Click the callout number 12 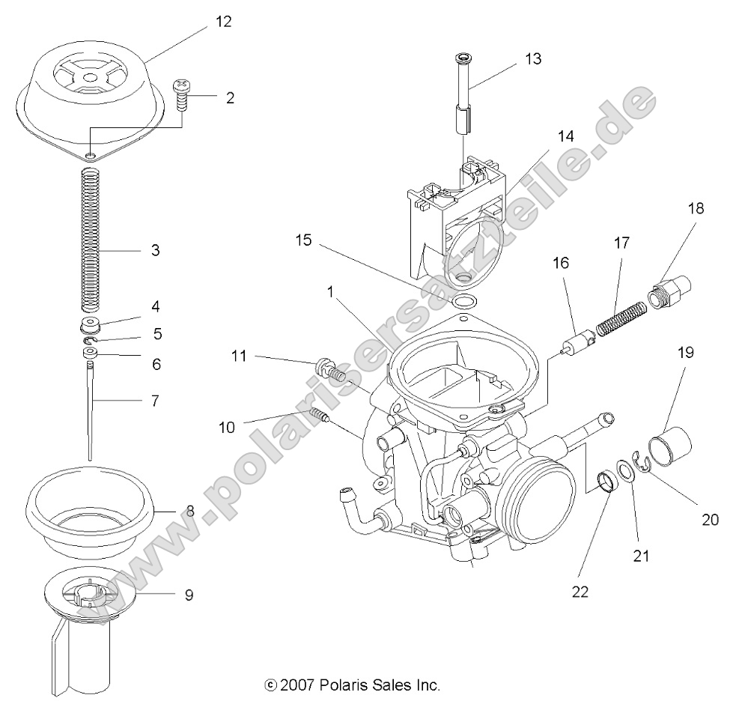[x=223, y=22]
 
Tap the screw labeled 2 [x=180, y=94]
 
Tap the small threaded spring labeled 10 [x=321, y=414]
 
